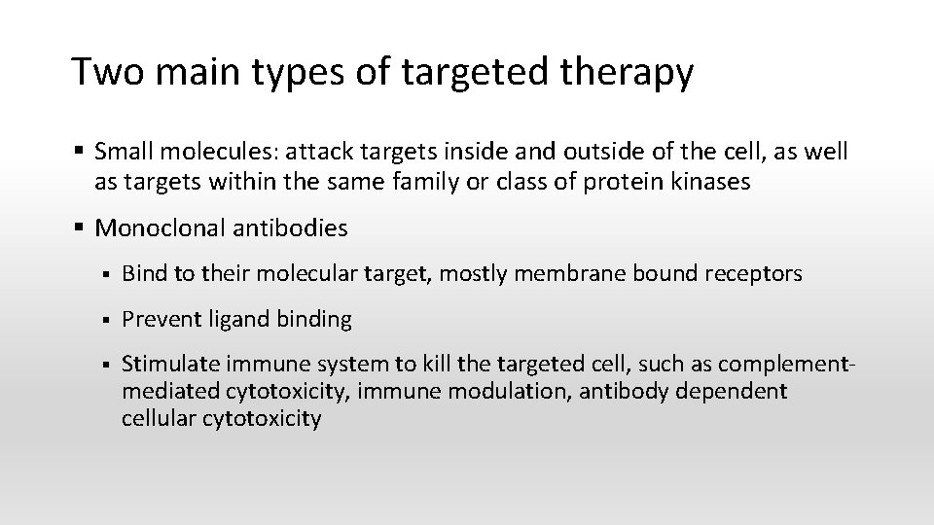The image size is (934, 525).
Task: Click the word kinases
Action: [x=713, y=182]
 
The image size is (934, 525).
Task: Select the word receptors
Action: [x=757, y=274]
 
